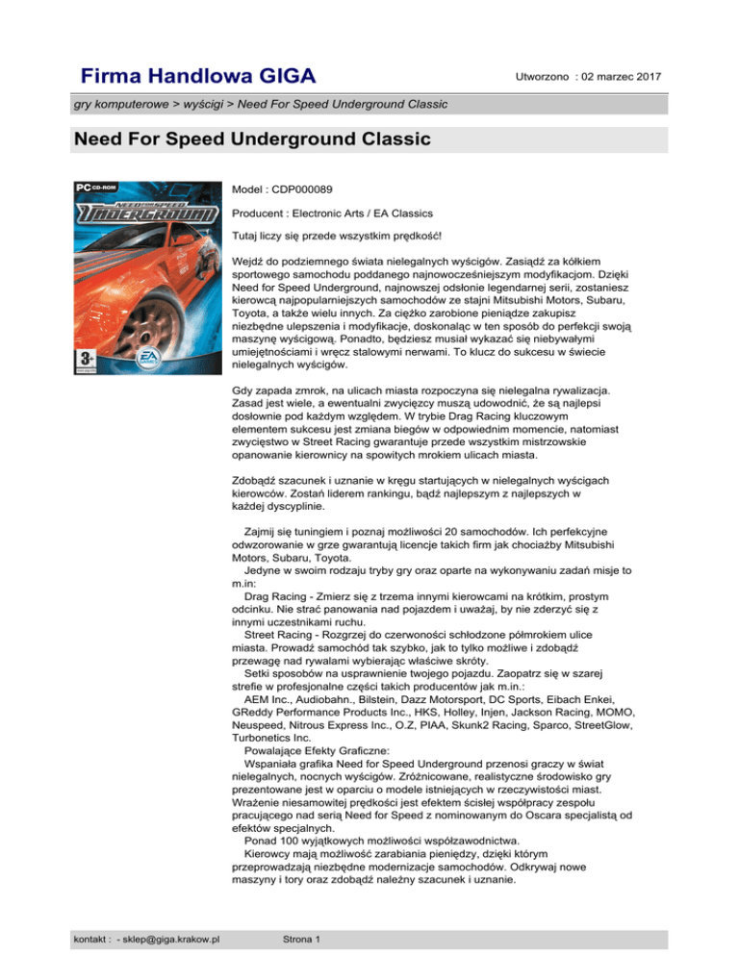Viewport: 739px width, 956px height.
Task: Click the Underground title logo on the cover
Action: tap(143, 210)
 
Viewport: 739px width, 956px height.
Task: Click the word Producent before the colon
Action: tap(260, 213)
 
